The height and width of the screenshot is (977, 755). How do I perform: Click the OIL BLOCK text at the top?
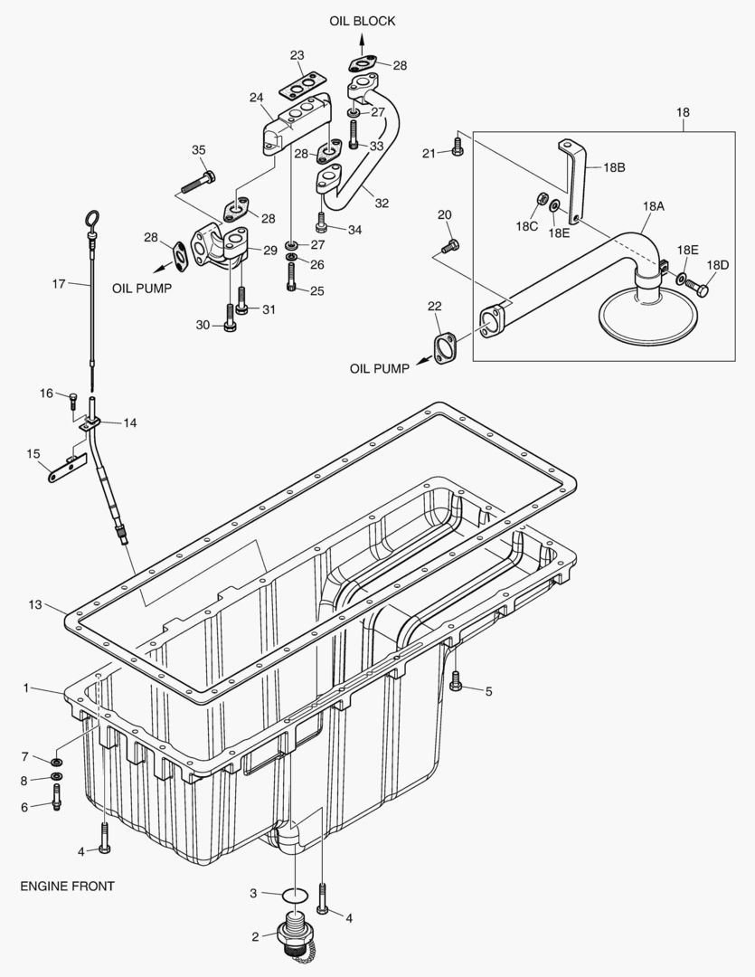(x=361, y=21)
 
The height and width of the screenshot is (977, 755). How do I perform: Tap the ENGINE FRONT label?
(x=67, y=886)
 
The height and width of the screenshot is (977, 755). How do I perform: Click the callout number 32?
(x=382, y=203)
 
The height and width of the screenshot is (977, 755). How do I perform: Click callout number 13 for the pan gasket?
(x=35, y=604)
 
